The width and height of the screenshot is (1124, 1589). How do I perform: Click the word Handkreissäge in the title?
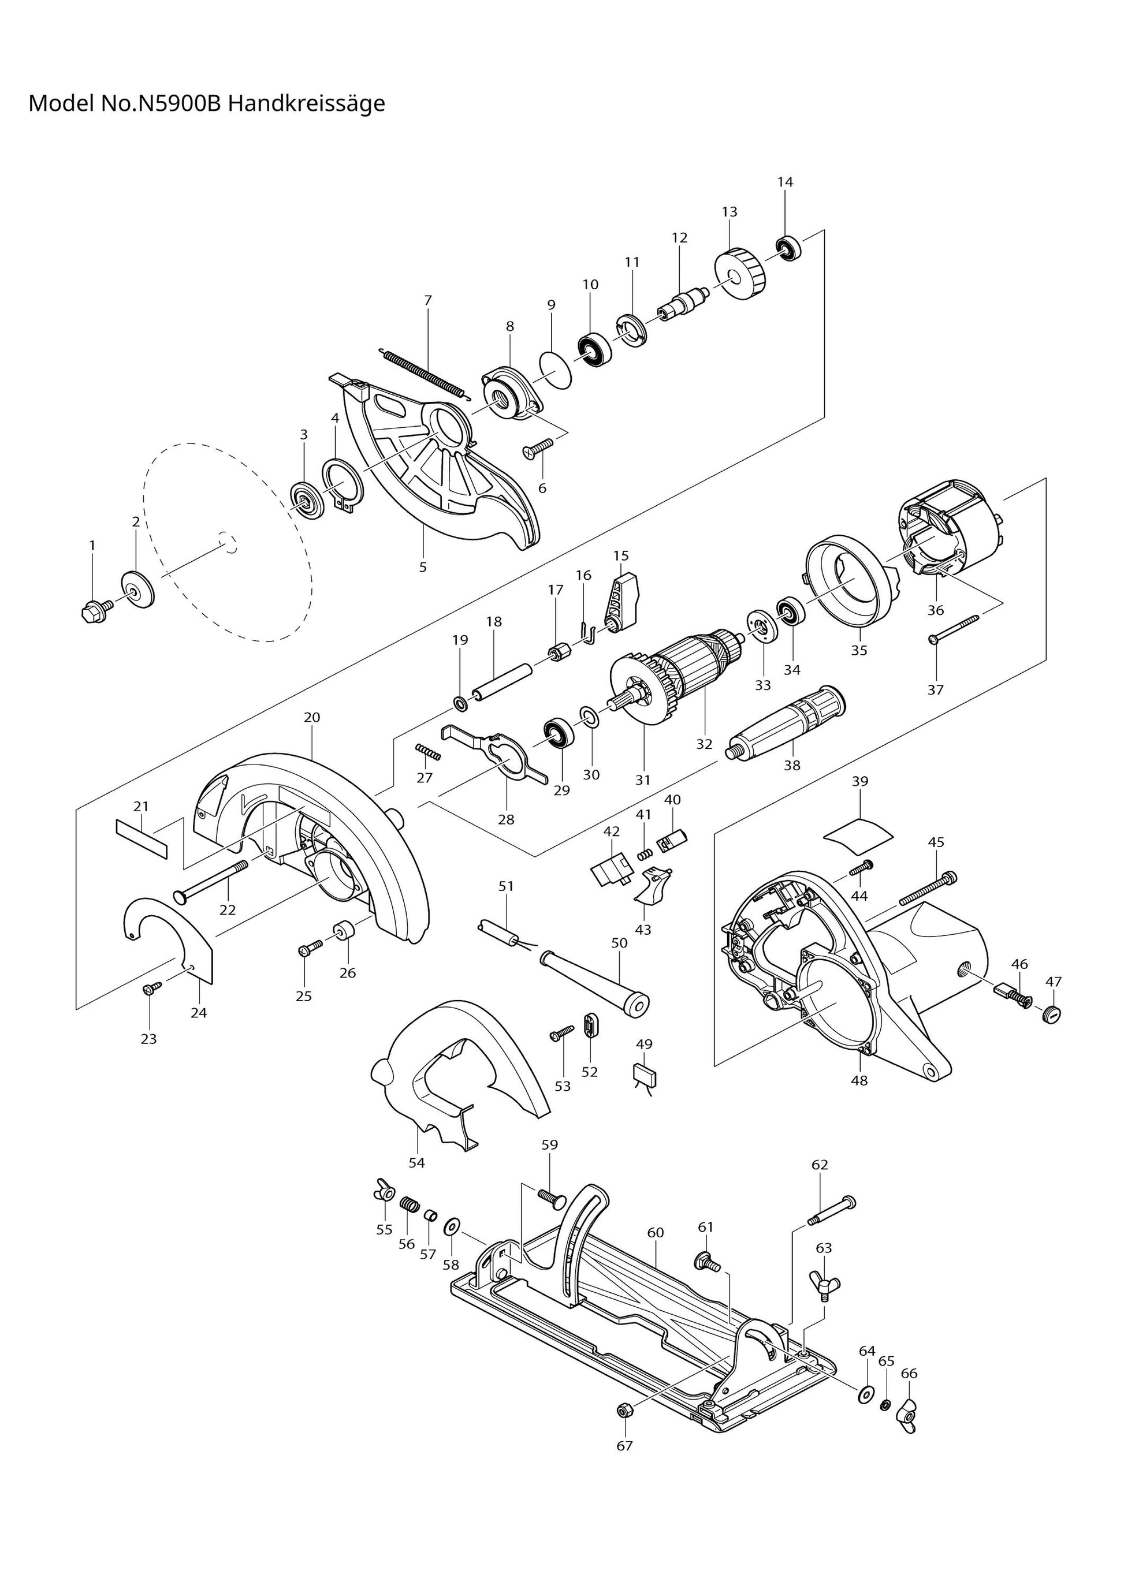coord(306,104)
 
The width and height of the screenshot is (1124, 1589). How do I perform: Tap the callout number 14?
coord(785,182)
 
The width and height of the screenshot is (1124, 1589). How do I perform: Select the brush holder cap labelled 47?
coord(1051,1015)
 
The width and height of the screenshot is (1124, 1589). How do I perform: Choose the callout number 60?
coord(656,1233)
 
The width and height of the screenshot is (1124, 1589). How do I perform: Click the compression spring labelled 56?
coord(410,1204)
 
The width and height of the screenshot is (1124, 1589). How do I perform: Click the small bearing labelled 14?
coord(788,248)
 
